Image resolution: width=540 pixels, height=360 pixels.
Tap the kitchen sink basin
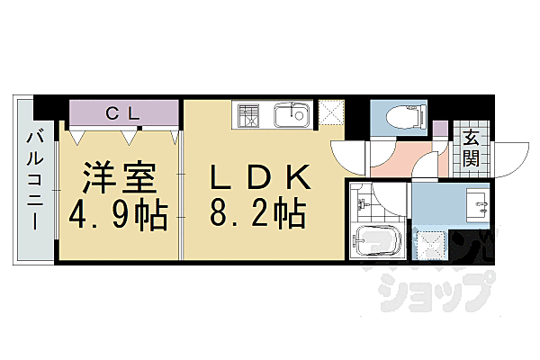pos(290,116)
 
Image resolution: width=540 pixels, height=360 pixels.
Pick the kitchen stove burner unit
pos(249,116)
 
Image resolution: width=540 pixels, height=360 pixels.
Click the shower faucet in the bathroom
pos(357,200)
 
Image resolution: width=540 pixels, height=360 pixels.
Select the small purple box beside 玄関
pos(440,129)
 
